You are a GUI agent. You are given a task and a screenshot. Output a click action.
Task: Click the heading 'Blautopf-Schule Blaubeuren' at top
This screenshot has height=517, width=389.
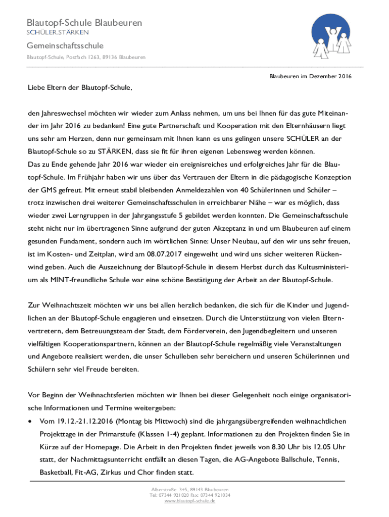coord(84,23)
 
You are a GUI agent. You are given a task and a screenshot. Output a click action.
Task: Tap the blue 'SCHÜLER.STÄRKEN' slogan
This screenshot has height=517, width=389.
coord(58,33)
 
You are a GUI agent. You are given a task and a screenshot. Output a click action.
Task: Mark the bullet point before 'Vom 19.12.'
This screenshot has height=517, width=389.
coord(31,421)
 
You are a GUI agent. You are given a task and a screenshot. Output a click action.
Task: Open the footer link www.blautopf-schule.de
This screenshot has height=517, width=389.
coord(190,501)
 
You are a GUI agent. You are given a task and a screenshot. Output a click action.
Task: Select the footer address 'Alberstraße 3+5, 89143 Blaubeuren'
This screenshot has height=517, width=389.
coord(190,490)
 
